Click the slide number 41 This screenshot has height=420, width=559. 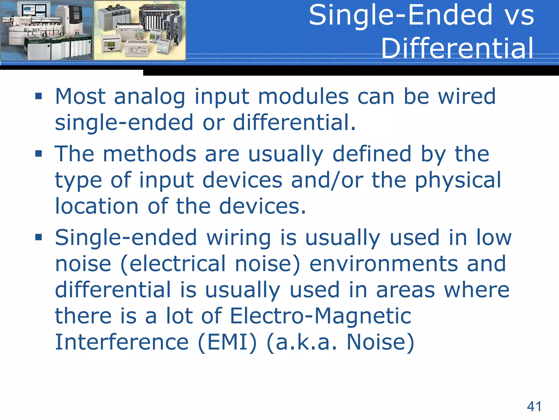(x=534, y=406)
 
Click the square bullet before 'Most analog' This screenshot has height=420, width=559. (x=38, y=96)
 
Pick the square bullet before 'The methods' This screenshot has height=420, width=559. (x=38, y=154)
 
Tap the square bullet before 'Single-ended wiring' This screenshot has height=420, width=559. (x=38, y=237)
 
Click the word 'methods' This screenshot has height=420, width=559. (x=150, y=154)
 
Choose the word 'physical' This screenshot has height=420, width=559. (x=458, y=180)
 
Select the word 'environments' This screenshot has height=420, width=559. (x=383, y=264)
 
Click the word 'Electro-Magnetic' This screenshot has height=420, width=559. (x=320, y=316)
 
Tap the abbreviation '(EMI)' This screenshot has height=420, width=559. (x=227, y=342)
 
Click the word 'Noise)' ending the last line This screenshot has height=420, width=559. (x=380, y=342)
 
